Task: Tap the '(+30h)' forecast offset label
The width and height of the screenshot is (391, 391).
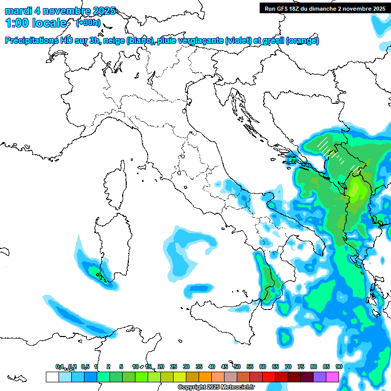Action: click(x=88, y=23)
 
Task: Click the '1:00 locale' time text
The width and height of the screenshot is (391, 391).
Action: click(x=36, y=23)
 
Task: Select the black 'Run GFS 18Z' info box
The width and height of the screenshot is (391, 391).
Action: click(x=324, y=8)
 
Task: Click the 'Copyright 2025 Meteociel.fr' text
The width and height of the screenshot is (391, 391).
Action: click(x=216, y=387)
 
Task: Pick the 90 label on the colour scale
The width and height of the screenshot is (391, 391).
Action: click(x=339, y=367)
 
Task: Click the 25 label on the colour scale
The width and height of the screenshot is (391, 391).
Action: click(x=173, y=367)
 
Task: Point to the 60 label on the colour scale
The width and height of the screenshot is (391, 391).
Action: click(x=262, y=367)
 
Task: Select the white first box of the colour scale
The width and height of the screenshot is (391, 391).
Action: click(x=52, y=377)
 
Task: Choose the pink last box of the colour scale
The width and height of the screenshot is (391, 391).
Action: click(x=332, y=377)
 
